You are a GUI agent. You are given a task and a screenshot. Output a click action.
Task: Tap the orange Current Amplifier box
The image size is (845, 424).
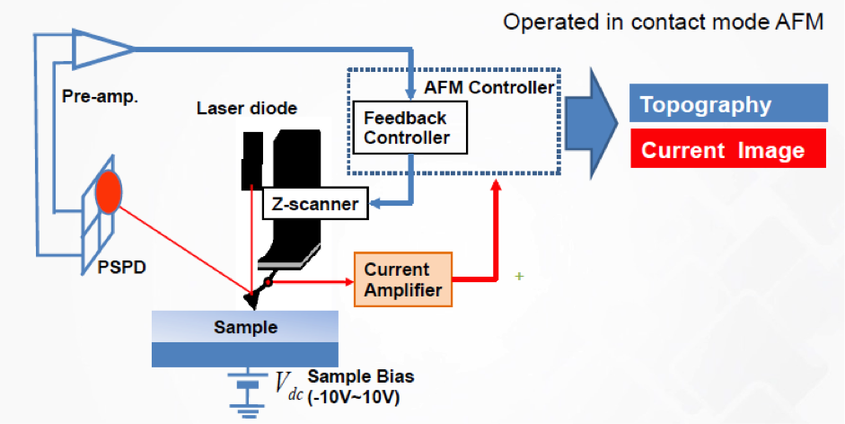coord(402,279)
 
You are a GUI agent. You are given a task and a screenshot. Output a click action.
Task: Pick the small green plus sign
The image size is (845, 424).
coord(519,276)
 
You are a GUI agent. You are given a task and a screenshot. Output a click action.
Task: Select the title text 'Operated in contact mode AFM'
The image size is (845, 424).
coord(663,22)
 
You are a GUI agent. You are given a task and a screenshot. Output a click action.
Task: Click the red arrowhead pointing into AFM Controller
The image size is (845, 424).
coord(495,183)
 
